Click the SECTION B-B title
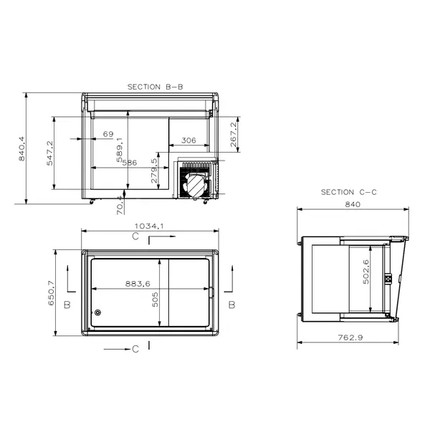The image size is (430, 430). [x=155, y=87]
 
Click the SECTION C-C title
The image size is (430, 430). [x=348, y=192]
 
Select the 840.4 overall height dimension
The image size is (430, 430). [x=22, y=148]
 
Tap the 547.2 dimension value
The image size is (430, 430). [x=50, y=153]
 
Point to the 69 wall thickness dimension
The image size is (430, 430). [x=108, y=134]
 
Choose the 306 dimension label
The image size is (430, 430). [x=188, y=140]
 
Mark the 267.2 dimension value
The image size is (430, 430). [x=234, y=135]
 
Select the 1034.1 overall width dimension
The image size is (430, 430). [x=150, y=226]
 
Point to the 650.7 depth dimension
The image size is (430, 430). [x=52, y=292]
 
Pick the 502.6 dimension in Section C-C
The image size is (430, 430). [x=365, y=272]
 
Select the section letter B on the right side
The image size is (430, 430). [x=231, y=305]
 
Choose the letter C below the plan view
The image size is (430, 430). [x=135, y=349]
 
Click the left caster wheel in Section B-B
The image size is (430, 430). [x=91, y=201]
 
